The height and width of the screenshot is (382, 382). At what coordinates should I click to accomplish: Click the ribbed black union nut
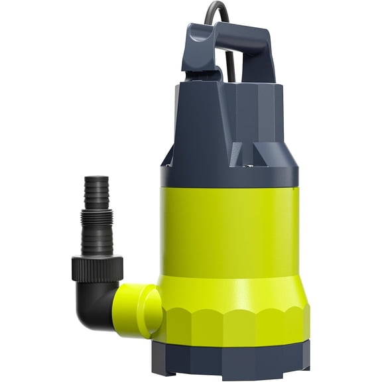click(97, 267)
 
